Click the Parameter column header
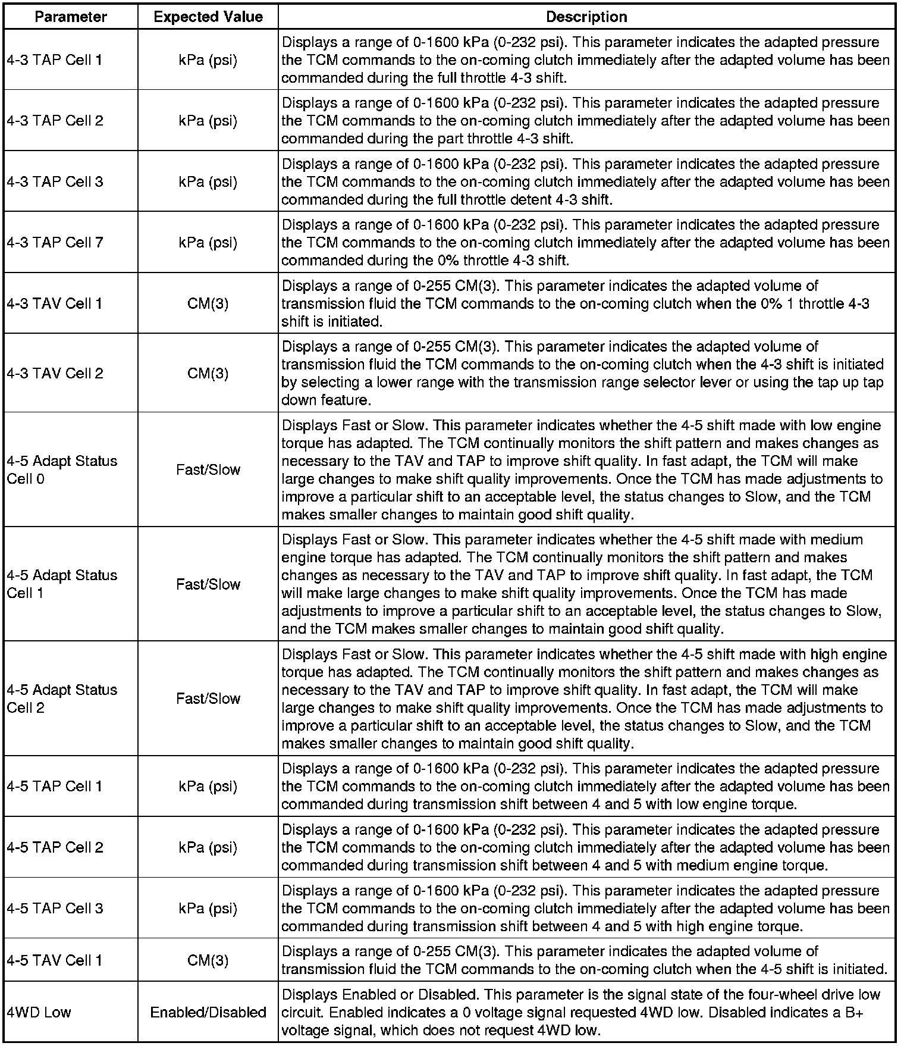click(71, 17)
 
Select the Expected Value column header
click(208, 17)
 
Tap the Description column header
click(586, 17)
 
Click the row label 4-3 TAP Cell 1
click(55, 59)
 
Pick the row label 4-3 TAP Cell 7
click(55, 242)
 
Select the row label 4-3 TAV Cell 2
click(55, 373)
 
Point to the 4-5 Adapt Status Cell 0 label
click(62, 469)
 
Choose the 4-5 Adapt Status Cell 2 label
click(62, 699)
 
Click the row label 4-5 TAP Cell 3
click(55, 908)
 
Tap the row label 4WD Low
click(39, 1012)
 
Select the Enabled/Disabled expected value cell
click(208, 1012)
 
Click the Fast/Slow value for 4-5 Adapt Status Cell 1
click(208, 584)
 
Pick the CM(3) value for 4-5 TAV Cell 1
click(208, 960)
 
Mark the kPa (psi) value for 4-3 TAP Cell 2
click(208, 121)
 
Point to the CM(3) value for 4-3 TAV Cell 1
click(208, 303)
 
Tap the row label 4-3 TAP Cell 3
click(55, 181)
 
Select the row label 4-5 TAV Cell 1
click(55, 960)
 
